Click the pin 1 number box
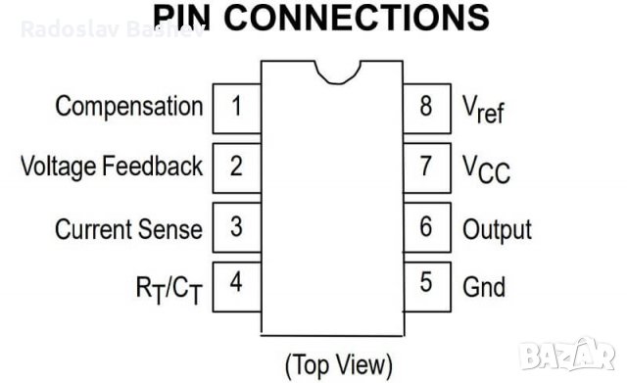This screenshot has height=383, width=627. (x=236, y=106)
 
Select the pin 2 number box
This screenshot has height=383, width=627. (x=236, y=166)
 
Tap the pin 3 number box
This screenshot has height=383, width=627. (x=236, y=227)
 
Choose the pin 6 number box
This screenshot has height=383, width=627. (x=426, y=227)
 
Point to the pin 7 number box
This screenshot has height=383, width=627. (x=426, y=166)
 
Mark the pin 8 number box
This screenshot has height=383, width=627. (x=426, y=106)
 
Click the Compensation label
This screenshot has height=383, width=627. (x=129, y=106)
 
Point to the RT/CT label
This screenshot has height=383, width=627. (x=168, y=288)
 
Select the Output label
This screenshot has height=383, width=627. (x=497, y=229)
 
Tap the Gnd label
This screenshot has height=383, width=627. (x=484, y=287)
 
